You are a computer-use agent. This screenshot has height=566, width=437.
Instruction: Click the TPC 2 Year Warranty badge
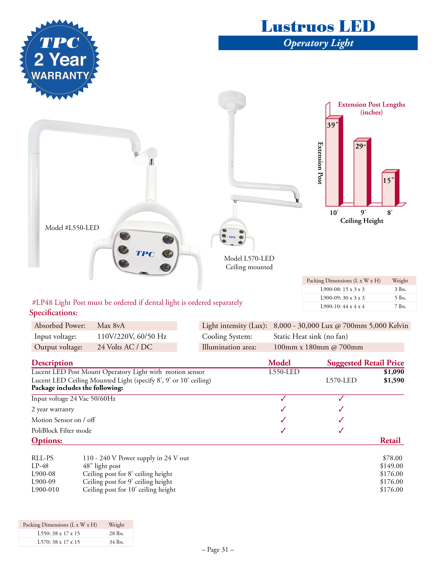[x=60, y=60]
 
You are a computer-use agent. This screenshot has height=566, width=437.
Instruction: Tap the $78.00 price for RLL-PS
[x=392, y=458]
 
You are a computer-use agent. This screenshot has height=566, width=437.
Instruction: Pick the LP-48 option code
[x=40, y=466]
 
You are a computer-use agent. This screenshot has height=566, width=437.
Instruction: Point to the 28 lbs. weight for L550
[x=116, y=533]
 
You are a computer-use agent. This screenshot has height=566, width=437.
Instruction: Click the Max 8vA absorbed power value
[x=111, y=326]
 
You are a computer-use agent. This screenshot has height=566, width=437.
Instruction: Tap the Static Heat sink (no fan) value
[x=310, y=336]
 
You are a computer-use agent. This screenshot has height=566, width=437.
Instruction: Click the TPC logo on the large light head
[x=145, y=253]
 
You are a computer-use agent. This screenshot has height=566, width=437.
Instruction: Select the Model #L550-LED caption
[x=72, y=228]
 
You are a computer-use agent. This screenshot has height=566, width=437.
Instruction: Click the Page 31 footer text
[x=218, y=550]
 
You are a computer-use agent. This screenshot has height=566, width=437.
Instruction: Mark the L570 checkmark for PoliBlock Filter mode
[x=341, y=431]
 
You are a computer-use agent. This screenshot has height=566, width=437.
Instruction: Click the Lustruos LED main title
[x=318, y=26]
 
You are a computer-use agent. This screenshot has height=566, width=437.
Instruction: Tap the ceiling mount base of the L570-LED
[x=232, y=100]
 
